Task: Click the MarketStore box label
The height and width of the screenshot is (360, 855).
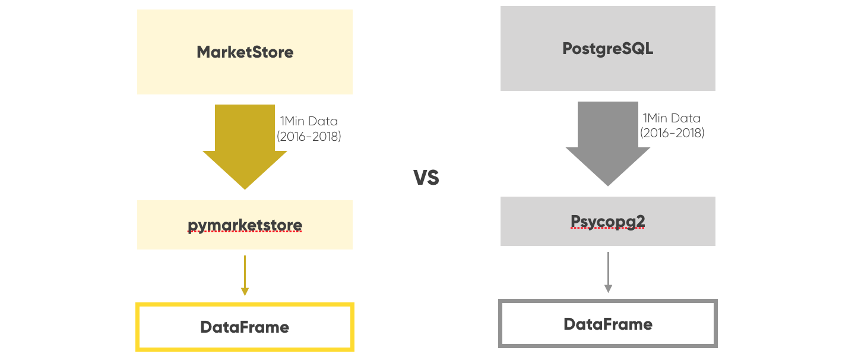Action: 245,52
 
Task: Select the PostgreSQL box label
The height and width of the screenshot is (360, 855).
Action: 607,48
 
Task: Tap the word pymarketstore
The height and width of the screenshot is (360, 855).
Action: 245,225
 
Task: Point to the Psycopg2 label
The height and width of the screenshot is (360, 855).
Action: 607,222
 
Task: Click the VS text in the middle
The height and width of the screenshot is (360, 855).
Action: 426,178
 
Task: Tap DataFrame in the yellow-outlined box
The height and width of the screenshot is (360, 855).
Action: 245,327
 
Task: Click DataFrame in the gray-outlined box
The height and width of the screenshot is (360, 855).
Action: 607,324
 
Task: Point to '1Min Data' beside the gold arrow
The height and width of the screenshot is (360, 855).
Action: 309,121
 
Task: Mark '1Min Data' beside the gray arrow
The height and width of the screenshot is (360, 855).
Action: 672,118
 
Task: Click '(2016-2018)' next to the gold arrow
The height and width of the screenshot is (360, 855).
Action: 309,136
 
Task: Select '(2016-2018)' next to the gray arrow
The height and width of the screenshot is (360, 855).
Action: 672,133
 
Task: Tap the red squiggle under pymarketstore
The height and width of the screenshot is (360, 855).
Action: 245,232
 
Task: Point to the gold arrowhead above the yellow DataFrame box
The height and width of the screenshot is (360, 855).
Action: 245,291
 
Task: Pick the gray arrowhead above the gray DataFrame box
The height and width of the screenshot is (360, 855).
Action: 607,288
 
